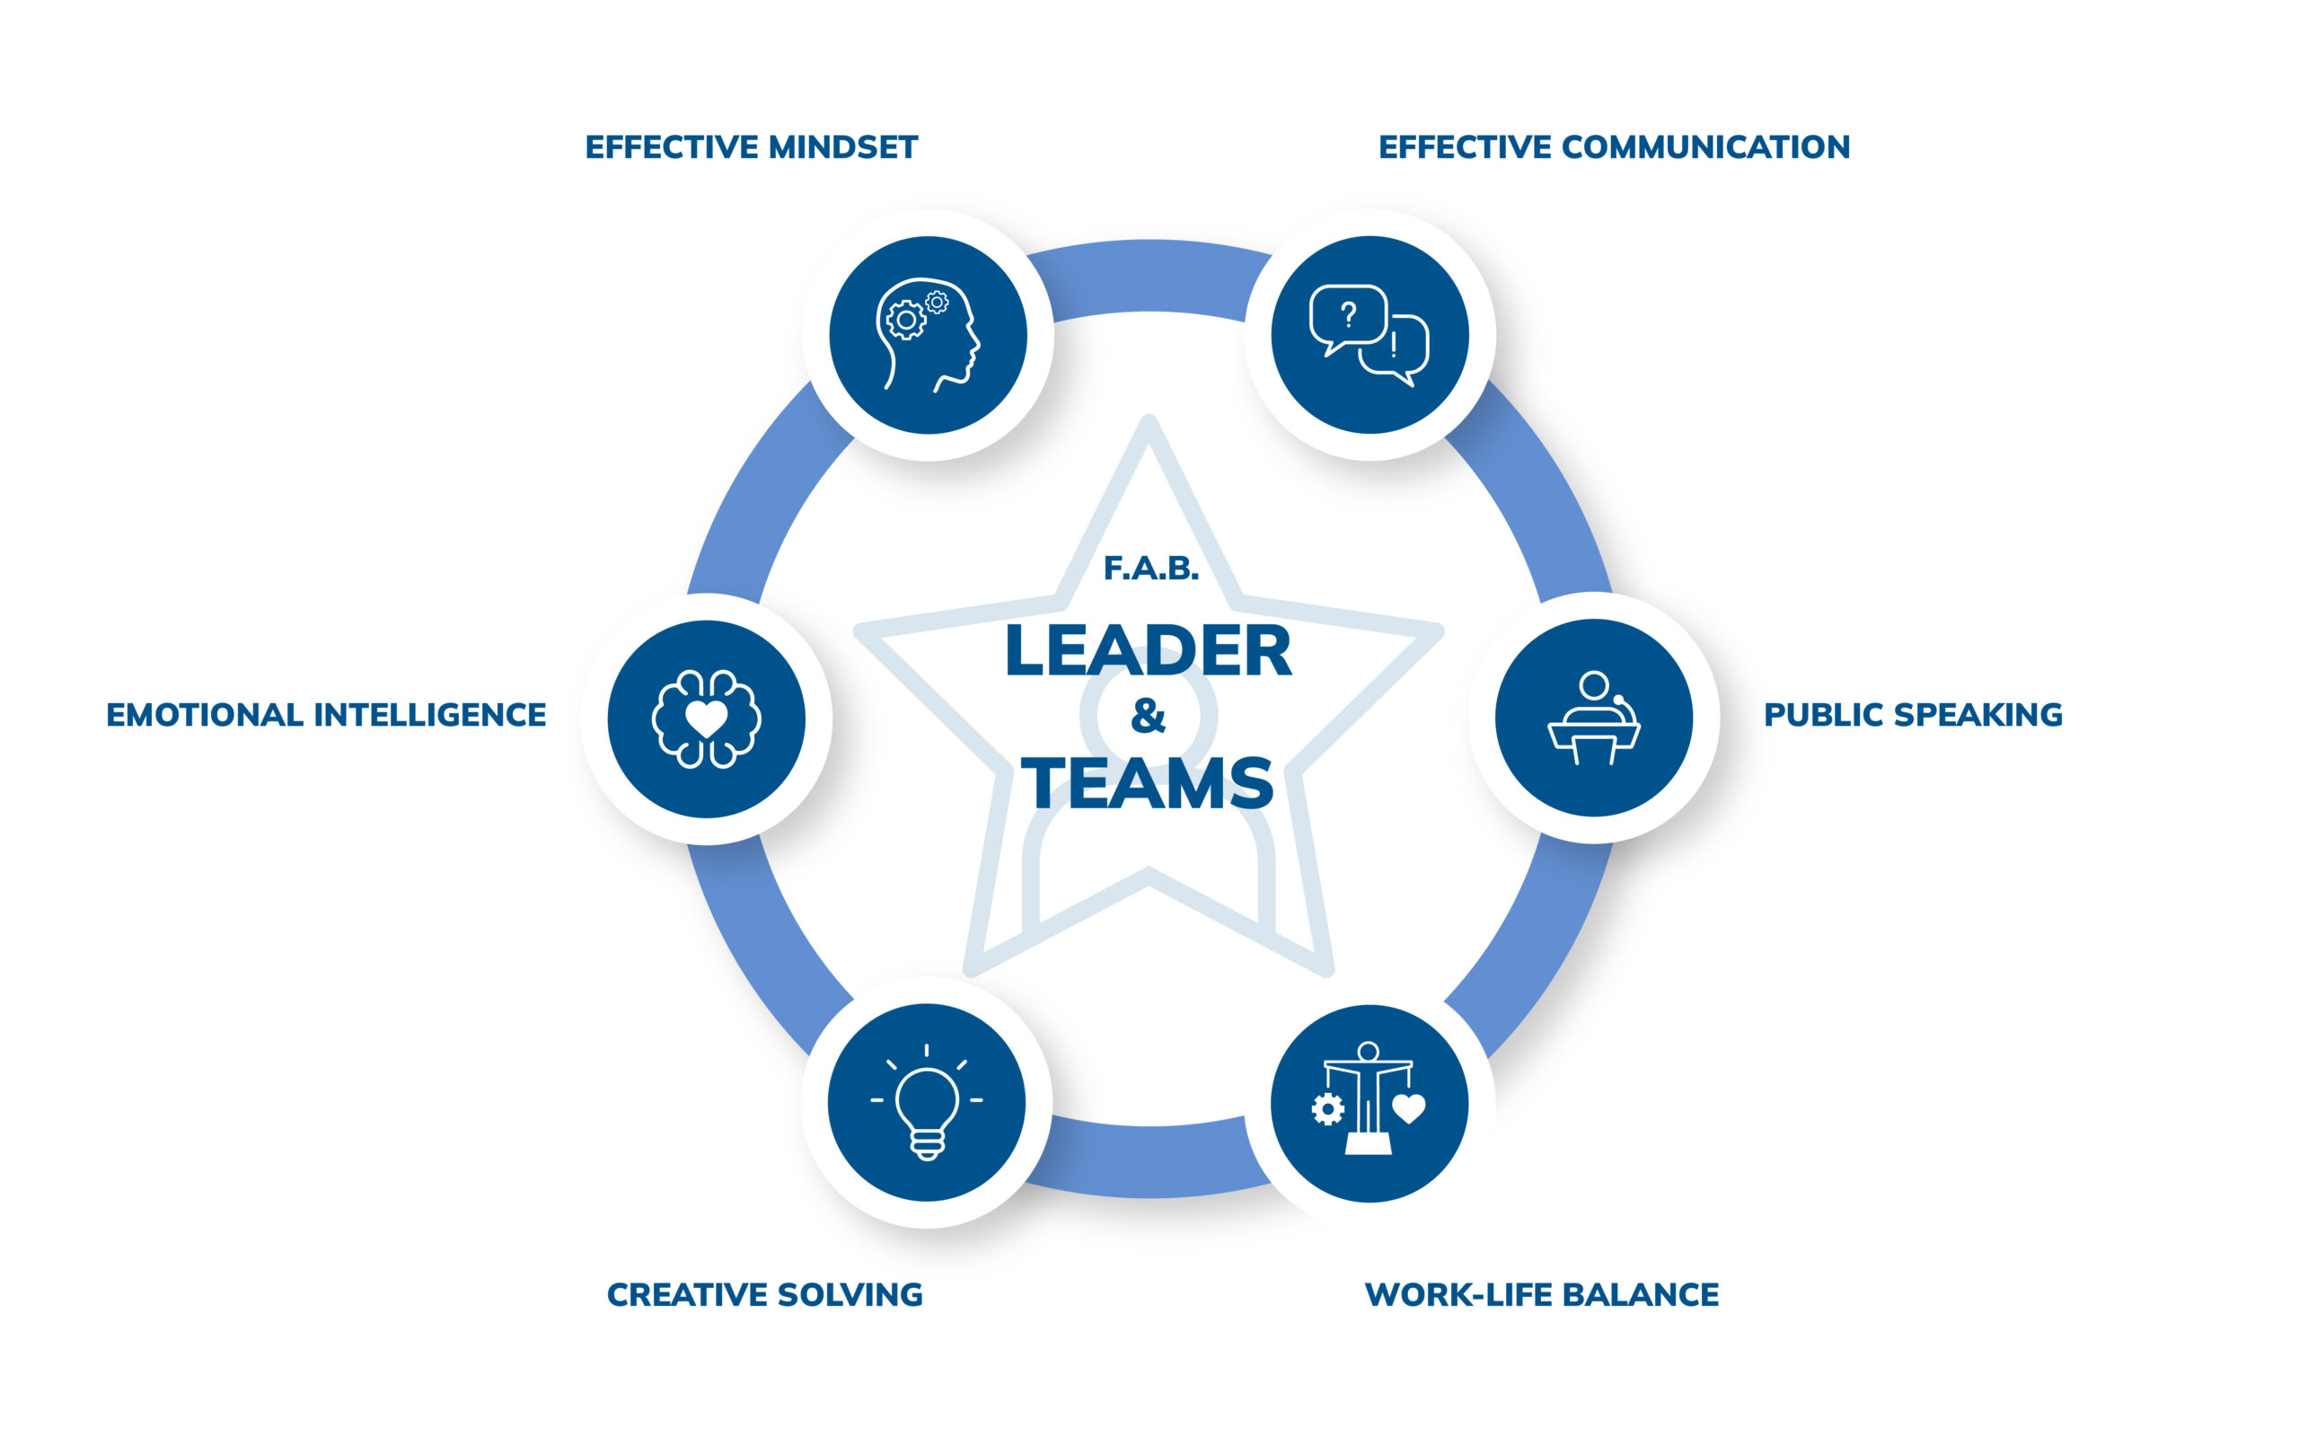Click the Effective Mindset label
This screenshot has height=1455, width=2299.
752,147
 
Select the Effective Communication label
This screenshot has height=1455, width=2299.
1614,147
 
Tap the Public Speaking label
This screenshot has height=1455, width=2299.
1912,715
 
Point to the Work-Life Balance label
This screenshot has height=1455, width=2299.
1541,1294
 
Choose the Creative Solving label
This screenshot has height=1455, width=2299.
765,1294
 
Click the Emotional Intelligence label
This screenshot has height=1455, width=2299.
326,715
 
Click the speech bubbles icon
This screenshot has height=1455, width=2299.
1370,335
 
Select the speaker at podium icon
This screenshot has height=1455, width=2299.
1593,718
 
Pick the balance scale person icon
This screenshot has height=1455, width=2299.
1370,1103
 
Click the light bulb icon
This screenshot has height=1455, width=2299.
926,1103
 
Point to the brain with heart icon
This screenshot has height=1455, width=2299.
707,719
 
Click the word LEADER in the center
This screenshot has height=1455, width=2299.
1149,651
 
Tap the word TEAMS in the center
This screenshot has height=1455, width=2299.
1149,784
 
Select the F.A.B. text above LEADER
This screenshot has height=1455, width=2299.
1150,569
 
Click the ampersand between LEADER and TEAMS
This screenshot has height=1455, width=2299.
1149,716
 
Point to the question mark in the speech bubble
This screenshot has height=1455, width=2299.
1348,314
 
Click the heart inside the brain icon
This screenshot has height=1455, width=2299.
707,718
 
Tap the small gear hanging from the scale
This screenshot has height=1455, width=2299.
1327,1109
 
